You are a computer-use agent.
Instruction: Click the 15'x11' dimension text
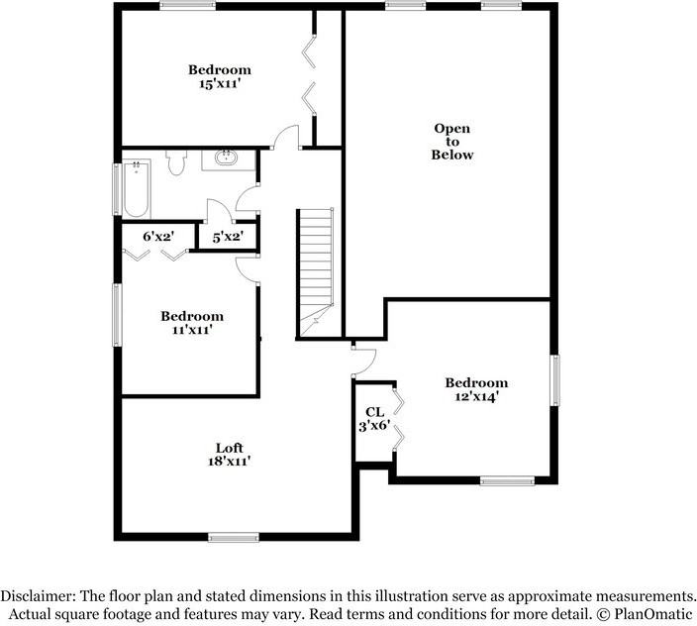coord(220,85)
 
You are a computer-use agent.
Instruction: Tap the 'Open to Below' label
coord(452,142)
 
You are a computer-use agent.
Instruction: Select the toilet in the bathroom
coord(177,161)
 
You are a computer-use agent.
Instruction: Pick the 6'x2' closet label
coord(158,237)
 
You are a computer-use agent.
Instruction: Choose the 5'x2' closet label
coord(229,238)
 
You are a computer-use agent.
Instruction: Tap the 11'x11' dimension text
coord(192,331)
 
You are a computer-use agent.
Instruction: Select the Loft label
coord(230,448)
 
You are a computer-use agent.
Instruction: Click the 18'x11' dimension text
coord(230,462)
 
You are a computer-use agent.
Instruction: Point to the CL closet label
coord(374,412)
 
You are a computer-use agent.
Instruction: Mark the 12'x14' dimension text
coord(476,396)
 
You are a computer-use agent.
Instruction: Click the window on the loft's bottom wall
coord(234,538)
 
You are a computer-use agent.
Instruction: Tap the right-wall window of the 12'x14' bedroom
coord(555,380)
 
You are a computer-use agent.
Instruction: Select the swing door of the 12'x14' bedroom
coord(363,359)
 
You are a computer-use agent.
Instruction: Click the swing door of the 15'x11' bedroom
coord(286,140)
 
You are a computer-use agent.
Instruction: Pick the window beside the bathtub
coord(118,187)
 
